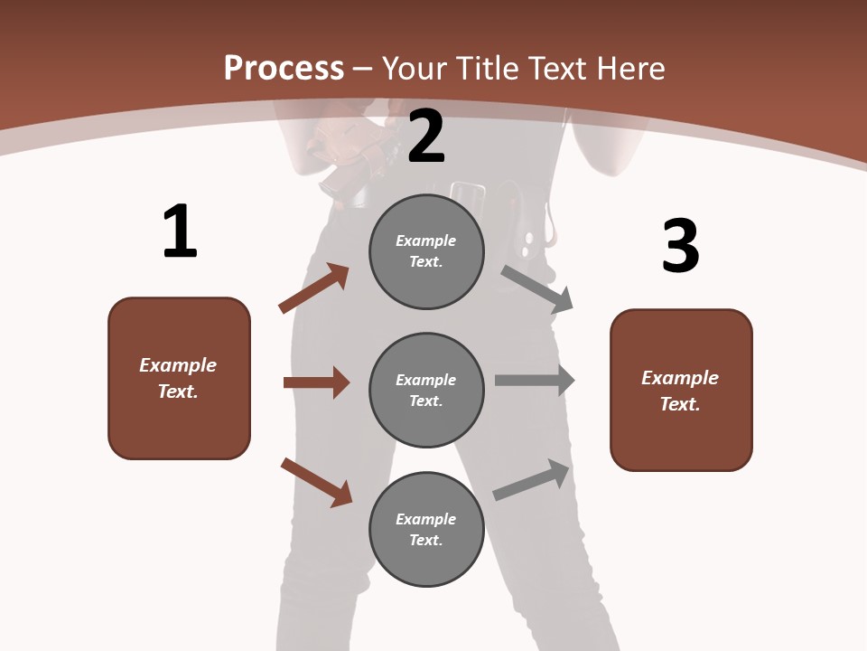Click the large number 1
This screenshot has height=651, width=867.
180,231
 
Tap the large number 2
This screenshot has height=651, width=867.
426,137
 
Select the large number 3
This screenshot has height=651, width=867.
681,247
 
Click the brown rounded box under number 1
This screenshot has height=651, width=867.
179,378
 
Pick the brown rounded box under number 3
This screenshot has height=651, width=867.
681,390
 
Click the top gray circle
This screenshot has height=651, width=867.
426,251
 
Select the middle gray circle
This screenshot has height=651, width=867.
426,390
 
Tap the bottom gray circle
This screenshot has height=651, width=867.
426,529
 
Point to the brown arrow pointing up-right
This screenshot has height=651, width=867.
314,288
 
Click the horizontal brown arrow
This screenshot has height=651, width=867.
316,382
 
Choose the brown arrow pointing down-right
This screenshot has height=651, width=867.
317,482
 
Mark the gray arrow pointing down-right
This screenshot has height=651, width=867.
537,288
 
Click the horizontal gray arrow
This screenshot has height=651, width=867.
535,381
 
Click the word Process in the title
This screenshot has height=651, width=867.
284,68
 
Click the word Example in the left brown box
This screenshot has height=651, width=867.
178,365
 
